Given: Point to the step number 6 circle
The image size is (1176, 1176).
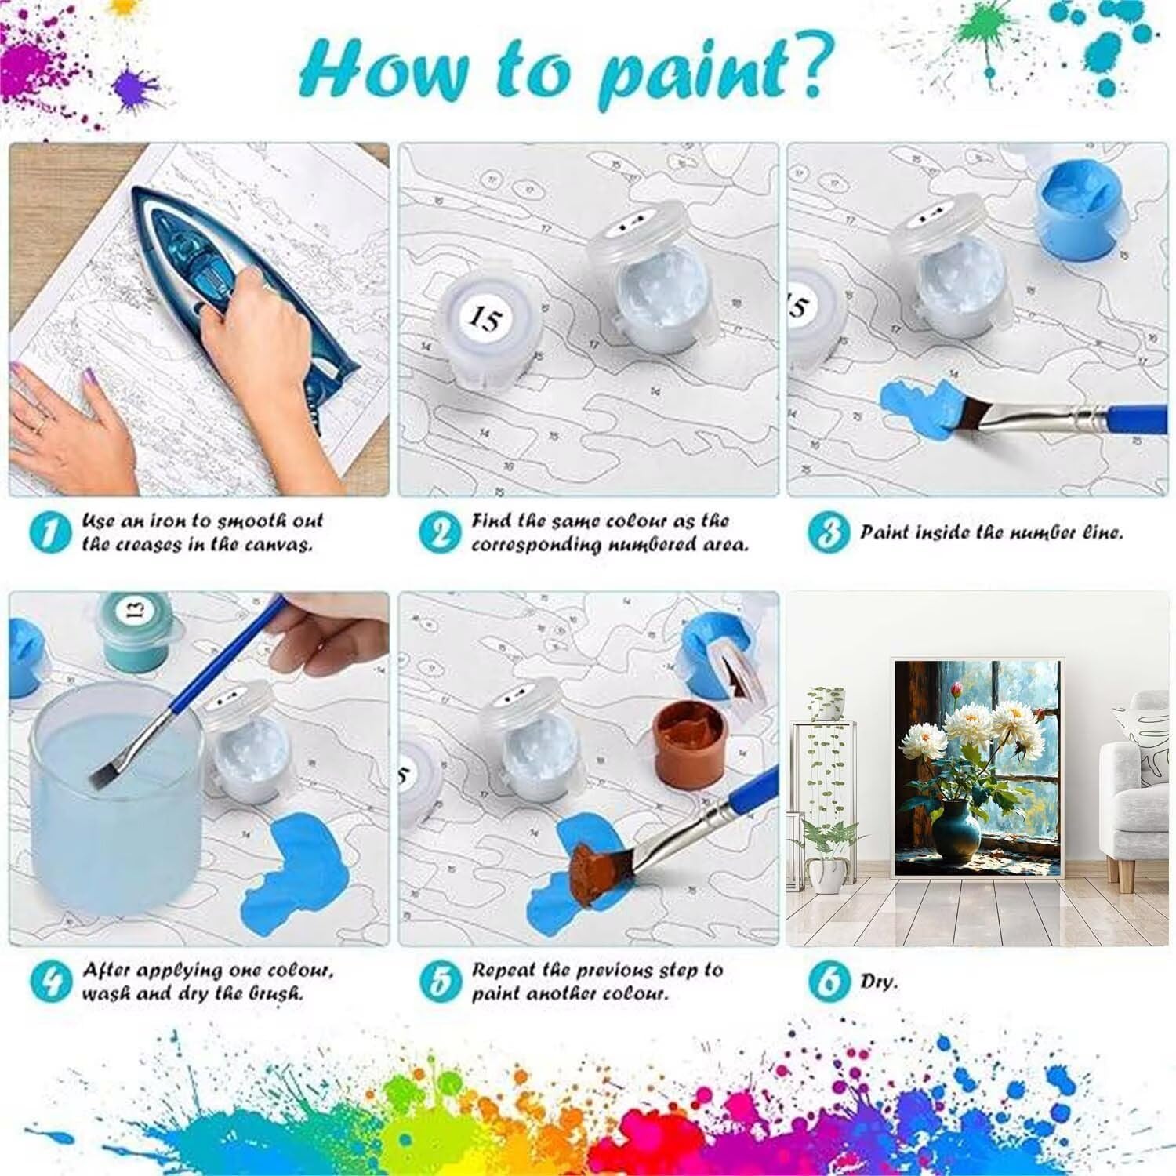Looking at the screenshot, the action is click(x=828, y=982).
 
